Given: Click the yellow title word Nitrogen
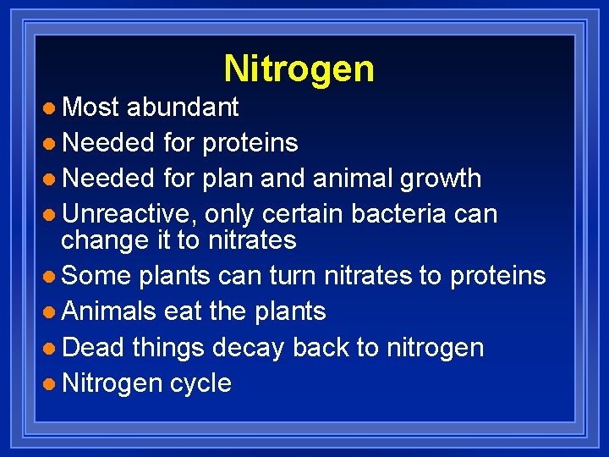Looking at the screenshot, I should click(299, 69).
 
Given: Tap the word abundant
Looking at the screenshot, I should click(183, 107).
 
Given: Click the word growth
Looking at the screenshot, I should click(439, 179).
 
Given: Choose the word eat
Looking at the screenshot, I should click(183, 311).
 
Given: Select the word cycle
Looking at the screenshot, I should click(200, 383).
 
